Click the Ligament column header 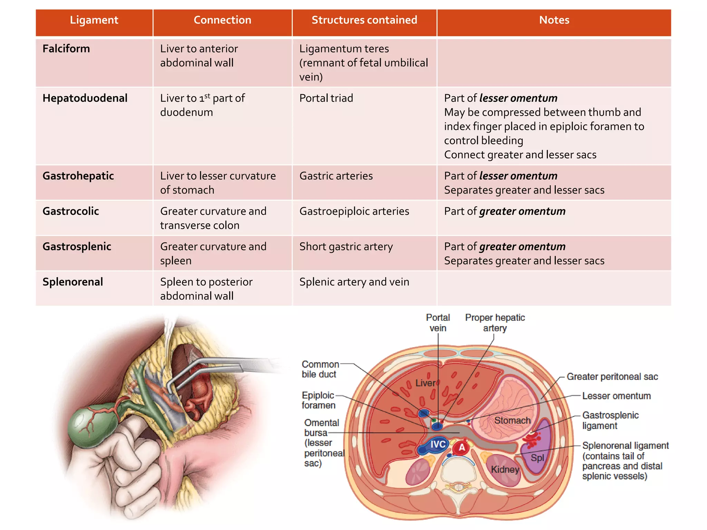pyautogui.click(x=94, y=20)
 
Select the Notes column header pyautogui.click(x=554, y=20)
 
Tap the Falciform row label pyautogui.click(x=66, y=49)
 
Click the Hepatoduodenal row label pyautogui.click(x=85, y=98)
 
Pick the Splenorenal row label pyautogui.click(x=73, y=282)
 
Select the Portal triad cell pyautogui.click(x=326, y=98)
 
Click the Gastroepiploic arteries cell pyautogui.click(x=354, y=211)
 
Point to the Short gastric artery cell pyautogui.click(x=346, y=247)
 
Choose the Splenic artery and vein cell pyautogui.click(x=354, y=282)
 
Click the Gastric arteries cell pyautogui.click(x=336, y=176)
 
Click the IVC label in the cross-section pyautogui.click(x=438, y=444)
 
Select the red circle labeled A pyautogui.click(x=462, y=448)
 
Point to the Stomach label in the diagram pyautogui.click(x=512, y=420)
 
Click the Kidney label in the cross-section pyautogui.click(x=505, y=469)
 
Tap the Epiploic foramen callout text pyautogui.click(x=318, y=400)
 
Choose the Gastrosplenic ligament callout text pyautogui.click(x=610, y=420)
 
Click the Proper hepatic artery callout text pyautogui.click(x=495, y=323)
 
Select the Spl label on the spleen pyautogui.click(x=537, y=458)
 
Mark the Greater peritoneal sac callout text pyautogui.click(x=612, y=376)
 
